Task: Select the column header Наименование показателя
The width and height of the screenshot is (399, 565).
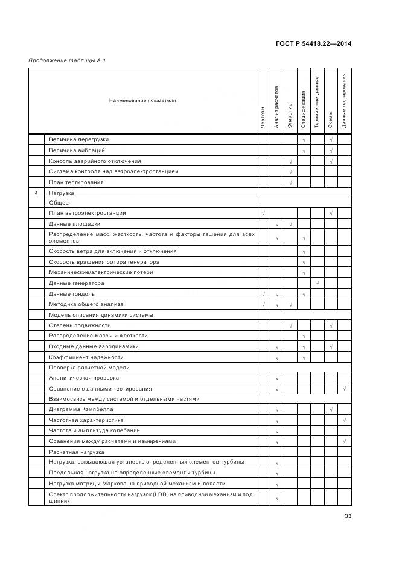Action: click(x=142, y=100)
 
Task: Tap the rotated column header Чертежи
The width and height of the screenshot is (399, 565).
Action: click(x=263, y=117)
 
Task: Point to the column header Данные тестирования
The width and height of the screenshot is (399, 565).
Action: click(x=344, y=101)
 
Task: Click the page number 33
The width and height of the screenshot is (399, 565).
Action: click(x=348, y=516)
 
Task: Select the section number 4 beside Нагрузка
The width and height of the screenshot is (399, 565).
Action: click(x=36, y=193)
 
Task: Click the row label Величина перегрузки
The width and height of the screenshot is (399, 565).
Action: click(x=79, y=139)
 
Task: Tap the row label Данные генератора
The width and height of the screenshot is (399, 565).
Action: click(x=77, y=283)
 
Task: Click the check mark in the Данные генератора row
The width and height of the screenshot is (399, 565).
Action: click(x=317, y=283)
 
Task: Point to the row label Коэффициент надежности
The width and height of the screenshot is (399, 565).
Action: click(x=86, y=357)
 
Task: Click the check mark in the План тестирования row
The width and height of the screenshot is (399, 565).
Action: click(x=290, y=182)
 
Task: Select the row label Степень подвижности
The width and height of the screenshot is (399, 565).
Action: click(x=80, y=325)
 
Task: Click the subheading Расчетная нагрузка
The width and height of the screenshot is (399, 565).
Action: click(x=77, y=452)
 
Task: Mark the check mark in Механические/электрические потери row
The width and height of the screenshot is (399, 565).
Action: click(x=304, y=272)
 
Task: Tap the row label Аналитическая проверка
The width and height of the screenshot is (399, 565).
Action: click(x=84, y=378)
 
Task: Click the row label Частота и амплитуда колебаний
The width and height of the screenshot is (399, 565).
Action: click(x=94, y=430)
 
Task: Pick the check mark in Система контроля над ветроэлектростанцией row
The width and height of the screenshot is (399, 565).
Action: click(x=290, y=171)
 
